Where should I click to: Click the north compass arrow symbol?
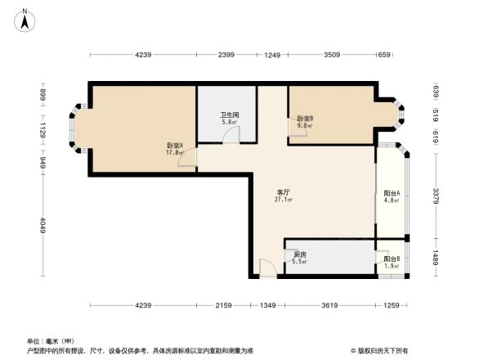coord(26,17)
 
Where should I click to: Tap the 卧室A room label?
coord(174,145)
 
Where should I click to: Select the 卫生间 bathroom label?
coord(228,115)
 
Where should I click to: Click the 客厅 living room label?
coord(283,191)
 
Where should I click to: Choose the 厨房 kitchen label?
coord(300,254)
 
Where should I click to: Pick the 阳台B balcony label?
coord(391,259)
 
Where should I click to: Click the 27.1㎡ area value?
coord(284,199)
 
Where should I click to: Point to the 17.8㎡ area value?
coord(174,152)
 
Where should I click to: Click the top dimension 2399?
coord(227,55)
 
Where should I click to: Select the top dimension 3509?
coord(331,55)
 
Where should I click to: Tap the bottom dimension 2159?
coord(224,306)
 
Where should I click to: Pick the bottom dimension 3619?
coord(329,306)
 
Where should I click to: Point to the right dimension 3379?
coord(436,196)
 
